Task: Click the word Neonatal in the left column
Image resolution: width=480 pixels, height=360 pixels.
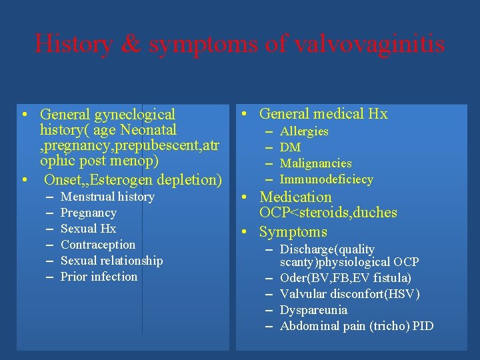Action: coord(149,130)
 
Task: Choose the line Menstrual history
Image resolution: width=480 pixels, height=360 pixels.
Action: coord(107,197)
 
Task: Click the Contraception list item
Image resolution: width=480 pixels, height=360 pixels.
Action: coord(98,245)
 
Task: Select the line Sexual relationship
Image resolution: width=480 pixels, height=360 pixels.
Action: coord(111,261)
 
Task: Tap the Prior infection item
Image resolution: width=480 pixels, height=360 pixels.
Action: coord(99,277)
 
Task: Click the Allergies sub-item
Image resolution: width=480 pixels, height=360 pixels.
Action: coord(304,131)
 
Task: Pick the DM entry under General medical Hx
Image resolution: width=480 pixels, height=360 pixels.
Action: coord(290,147)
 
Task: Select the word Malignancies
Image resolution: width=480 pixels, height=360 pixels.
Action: coord(315,163)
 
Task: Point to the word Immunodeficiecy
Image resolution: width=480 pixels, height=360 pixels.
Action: coord(326,179)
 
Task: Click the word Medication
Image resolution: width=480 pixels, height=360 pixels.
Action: coord(295,197)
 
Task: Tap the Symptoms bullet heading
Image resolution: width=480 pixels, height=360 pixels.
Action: coord(293,232)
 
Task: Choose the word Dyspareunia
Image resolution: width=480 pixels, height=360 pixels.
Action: coord(313,310)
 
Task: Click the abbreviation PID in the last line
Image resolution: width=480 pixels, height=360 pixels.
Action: coord(422,326)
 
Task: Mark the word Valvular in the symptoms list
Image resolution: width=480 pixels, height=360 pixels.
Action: coord(304,294)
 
